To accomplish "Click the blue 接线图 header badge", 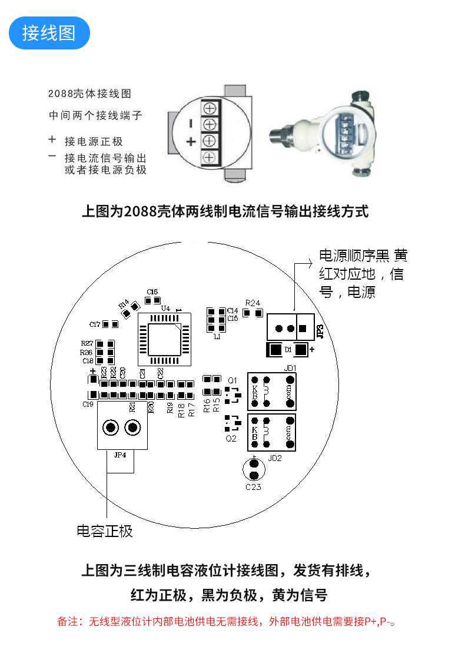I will (49, 33).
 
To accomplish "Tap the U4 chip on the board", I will (165, 339).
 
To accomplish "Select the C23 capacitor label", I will (253, 487).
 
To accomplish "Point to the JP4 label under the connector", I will (120, 455).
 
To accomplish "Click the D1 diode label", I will (288, 350).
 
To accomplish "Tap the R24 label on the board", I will (253, 303).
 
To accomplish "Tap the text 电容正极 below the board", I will (105, 531).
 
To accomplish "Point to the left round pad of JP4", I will (110, 427).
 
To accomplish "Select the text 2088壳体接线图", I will (89, 94).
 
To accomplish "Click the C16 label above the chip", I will (152, 292).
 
